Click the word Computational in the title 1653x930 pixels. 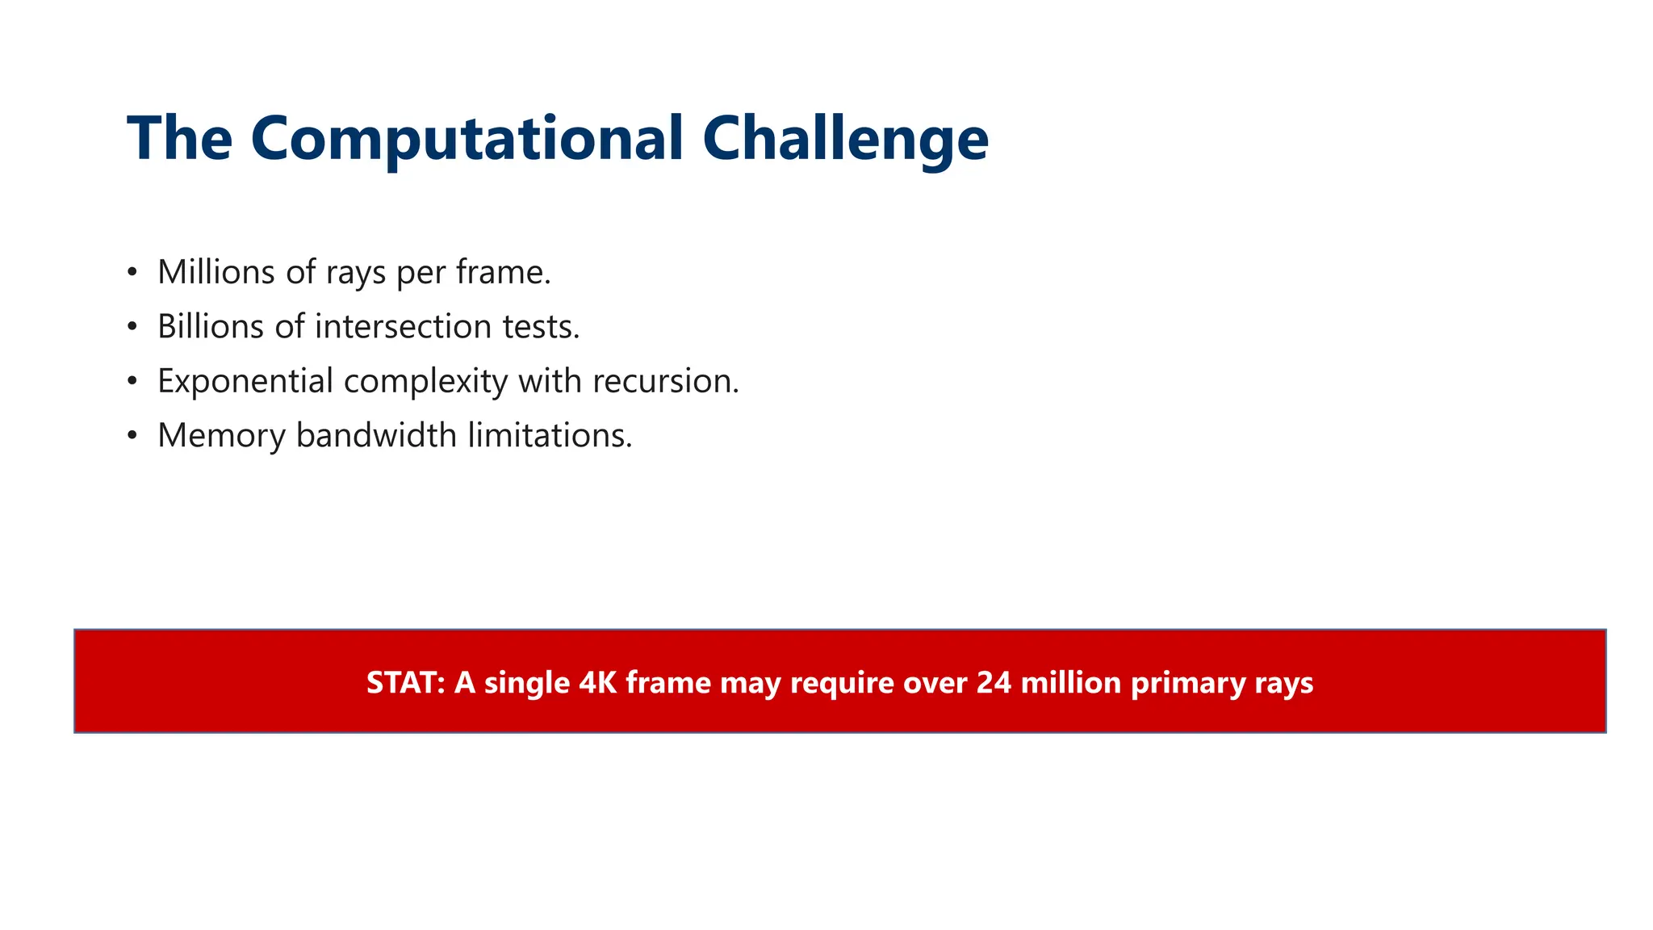467,139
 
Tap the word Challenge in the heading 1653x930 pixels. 845,139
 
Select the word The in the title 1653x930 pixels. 180,139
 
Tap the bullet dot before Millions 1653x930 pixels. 132,272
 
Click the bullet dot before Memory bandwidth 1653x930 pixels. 132,435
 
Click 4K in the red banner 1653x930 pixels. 598,683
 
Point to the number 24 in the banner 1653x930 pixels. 994,683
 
